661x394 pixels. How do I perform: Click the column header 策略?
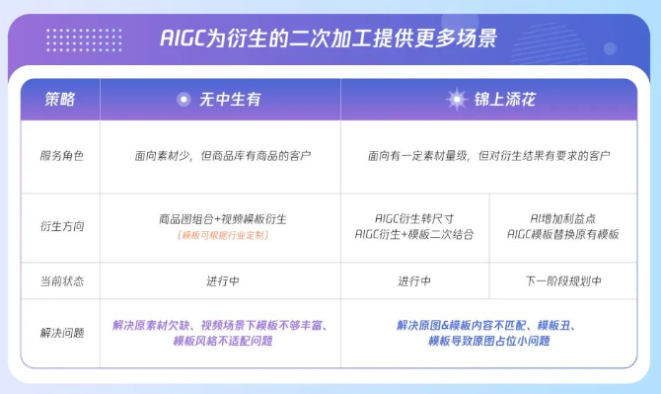[59, 99]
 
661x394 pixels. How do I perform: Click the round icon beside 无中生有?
[183, 99]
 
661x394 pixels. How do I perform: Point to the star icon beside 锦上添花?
[455, 99]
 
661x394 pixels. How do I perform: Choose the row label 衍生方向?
[61, 226]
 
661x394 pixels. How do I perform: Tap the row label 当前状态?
[61, 281]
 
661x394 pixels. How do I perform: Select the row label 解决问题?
[61, 332]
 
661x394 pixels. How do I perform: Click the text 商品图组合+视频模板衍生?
[222, 218]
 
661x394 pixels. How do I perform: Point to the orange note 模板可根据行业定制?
[222, 235]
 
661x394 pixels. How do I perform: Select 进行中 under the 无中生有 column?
[222, 281]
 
